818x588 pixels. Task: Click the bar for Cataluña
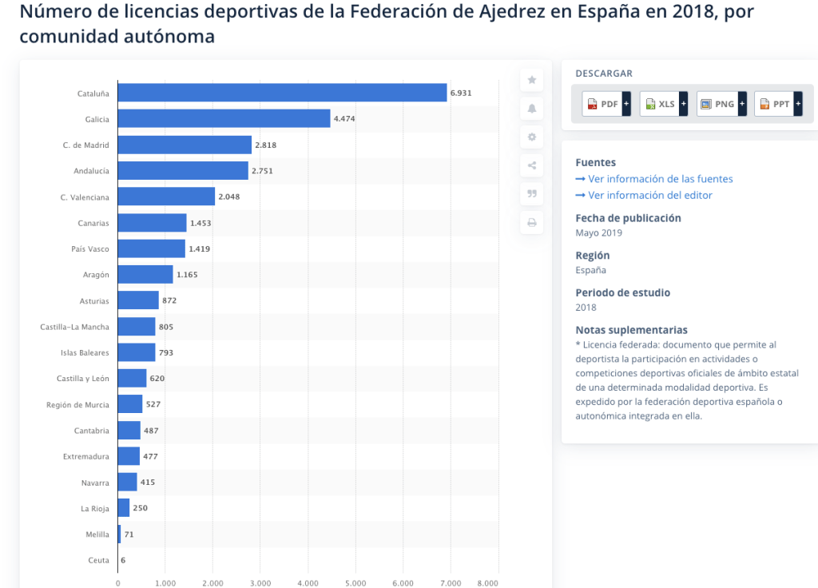pos(282,93)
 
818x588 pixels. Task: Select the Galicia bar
pos(224,119)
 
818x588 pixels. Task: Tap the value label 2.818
pos(265,145)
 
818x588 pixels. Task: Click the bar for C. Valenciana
pos(166,197)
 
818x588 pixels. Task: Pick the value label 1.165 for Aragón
pos(187,275)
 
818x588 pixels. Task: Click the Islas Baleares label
pos(85,352)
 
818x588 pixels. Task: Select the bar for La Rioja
pos(124,508)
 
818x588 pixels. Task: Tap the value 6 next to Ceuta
pos(123,560)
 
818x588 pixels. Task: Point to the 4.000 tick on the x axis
pos(308,582)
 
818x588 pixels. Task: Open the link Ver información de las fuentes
pos(660,179)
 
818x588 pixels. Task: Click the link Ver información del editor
pos(649,195)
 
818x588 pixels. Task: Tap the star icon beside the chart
pos(532,80)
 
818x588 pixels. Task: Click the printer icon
pos(532,222)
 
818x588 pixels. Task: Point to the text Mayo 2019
pos(598,233)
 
